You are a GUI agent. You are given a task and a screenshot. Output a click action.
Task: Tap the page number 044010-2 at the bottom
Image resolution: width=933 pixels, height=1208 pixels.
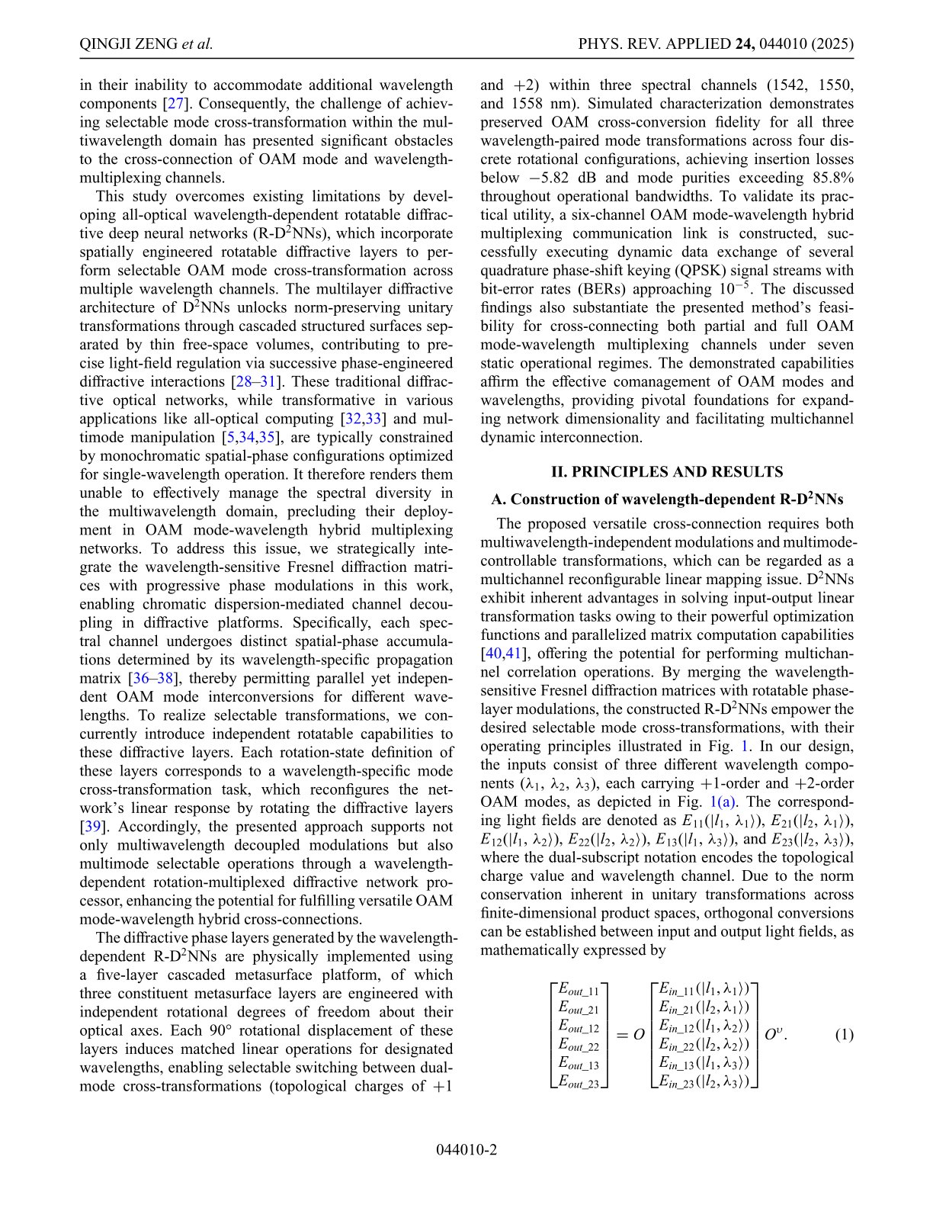click(466, 1149)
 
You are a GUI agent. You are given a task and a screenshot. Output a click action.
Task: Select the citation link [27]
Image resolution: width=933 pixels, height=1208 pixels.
click(177, 104)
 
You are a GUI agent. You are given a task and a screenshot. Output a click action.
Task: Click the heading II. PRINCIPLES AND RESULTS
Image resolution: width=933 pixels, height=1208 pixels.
click(667, 471)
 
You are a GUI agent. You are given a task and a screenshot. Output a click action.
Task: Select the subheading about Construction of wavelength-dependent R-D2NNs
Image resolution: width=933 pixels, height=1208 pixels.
click(667, 500)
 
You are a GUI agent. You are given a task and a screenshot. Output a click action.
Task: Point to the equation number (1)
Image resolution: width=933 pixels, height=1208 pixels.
click(844, 1035)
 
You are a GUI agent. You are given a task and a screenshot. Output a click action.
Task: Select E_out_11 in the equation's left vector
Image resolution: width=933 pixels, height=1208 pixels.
click(579, 989)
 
